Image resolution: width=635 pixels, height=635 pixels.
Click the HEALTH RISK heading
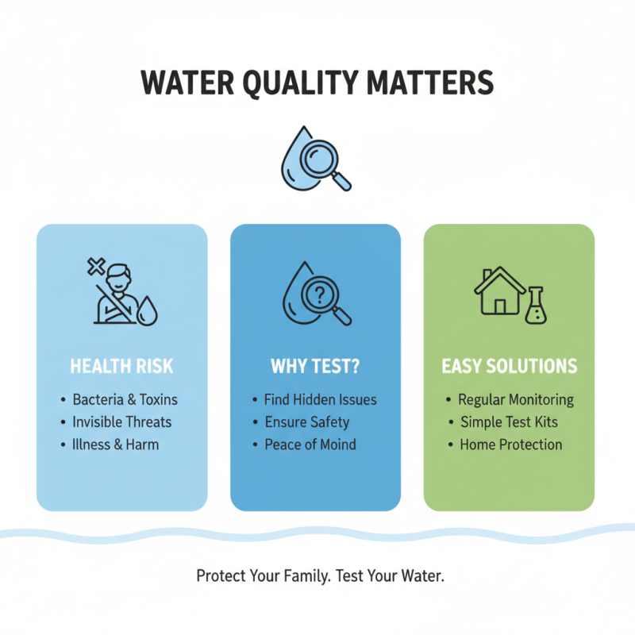[x=121, y=367]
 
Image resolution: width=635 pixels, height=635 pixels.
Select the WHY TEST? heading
[x=315, y=367]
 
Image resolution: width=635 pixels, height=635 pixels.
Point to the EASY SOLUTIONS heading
[x=509, y=367]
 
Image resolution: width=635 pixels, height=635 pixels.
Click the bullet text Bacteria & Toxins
[x=125, y=399]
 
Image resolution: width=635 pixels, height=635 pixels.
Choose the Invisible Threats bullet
[x=122, y=421]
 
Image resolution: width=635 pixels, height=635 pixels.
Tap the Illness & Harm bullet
[x=116, y=444]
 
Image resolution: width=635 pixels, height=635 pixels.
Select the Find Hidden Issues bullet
[x=321, y=399]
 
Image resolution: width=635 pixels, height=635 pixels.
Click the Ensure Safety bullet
[x=307, y=421]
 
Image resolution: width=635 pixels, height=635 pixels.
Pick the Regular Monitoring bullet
[x=516, y=399]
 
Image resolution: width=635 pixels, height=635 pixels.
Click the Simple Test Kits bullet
[x=510, y=421]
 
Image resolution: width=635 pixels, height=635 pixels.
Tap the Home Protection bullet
[x=511, y=444]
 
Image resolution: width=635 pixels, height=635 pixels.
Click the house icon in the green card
[x=498, y=291]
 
